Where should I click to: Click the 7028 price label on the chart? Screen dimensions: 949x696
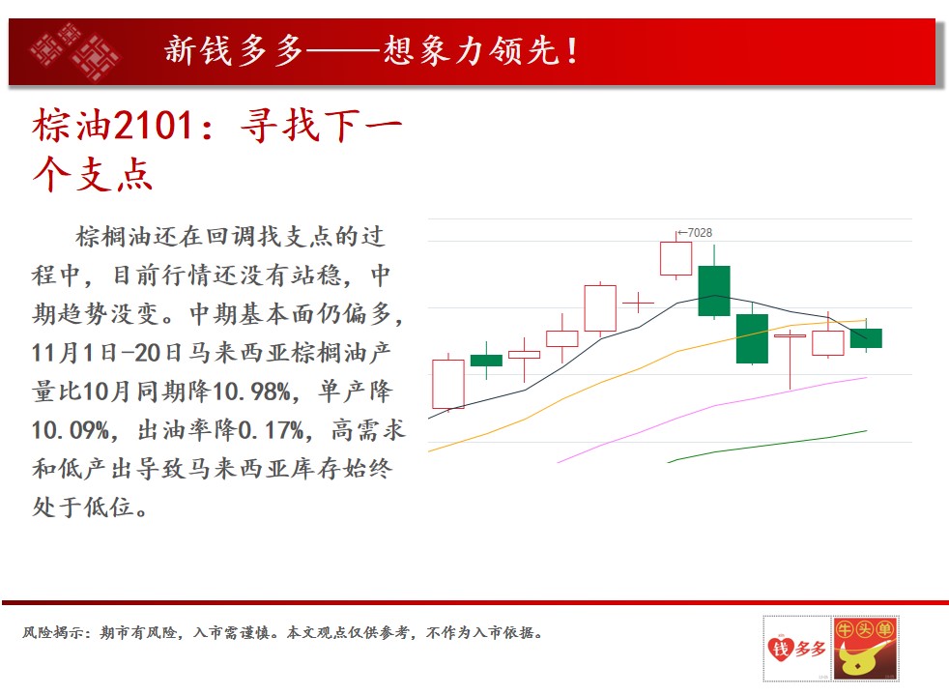point(700,232)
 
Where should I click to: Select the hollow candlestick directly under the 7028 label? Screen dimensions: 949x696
point(676,258)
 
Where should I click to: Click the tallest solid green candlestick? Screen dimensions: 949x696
point(714,291)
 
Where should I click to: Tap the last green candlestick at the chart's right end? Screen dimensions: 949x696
point(866,337)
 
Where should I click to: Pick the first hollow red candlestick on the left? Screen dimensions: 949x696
point(448,384)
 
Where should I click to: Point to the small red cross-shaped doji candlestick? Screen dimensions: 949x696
point(638,302)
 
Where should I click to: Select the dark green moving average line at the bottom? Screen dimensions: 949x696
point(766,446)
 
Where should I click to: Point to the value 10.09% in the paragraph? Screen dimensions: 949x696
point(71,430)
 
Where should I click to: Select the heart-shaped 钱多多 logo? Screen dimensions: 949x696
point(796,649)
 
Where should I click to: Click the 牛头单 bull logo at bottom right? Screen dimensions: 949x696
point(865,649)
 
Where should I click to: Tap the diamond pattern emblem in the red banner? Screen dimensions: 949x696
point(74,51)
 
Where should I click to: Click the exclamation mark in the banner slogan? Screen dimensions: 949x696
point(572,51)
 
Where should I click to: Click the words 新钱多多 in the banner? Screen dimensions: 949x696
point(234,50)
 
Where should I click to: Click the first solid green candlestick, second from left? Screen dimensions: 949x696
point(487,361)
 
